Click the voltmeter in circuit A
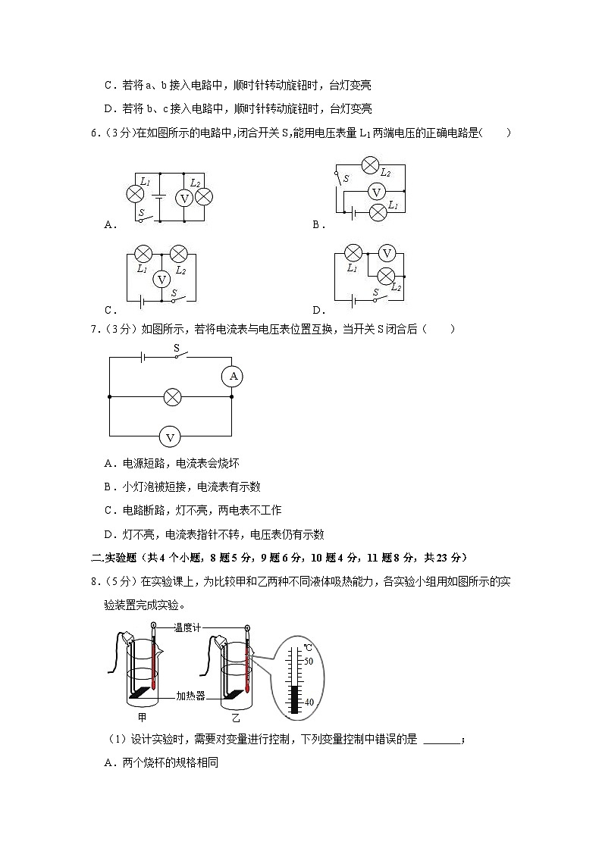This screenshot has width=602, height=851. [x=183, y=198]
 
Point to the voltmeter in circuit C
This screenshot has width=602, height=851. [x=161, y=280]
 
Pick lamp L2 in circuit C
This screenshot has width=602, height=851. [x=179, y=253]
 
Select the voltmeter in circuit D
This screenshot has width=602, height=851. [x=387, y=253]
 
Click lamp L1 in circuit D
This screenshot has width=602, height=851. [x=353, y=253]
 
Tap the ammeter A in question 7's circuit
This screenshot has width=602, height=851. [x=233, y=376]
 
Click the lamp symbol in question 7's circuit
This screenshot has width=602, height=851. [x=172, y=396]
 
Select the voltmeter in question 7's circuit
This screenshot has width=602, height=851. [x=171, y=436]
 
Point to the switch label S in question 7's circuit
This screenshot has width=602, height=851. [x=176, y=349]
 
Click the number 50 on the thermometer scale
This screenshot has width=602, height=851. [x=309, y=661]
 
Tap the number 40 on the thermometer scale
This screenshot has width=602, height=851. [x=309, y=702]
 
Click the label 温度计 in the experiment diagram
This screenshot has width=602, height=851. [x=190, y=627]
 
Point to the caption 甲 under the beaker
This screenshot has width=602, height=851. [x=142, y=717]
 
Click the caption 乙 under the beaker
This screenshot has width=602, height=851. [x=236, y=717]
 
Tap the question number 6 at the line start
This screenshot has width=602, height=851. [x=93, y=133]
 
